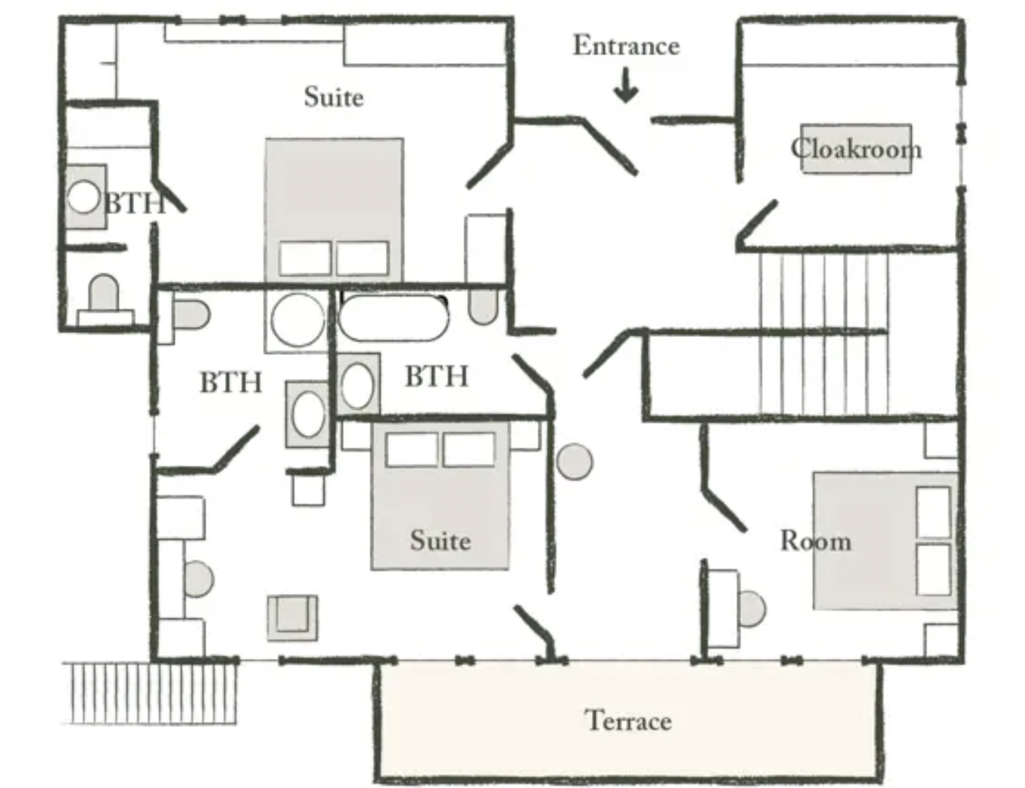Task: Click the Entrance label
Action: pyautogui.click(x=626, y=46)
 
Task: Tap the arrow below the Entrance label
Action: pyautogui.click(x=626, y=86)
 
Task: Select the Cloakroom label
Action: pyautogui.click(x=856, y=148)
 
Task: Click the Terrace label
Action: pyautogui.click(x=628, y=720)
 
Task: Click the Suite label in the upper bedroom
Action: pyautogui.click(x=334, y=97)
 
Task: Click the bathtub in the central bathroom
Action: pyautogui.click(x=393, y=317)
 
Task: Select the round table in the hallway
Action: pyautogui.click(x=574, y=462)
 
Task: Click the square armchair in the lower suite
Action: pyautogui.click(x=293, y=618)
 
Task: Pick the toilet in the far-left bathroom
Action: pyautogui.click(x=104, y=297)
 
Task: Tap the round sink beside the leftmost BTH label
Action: pyautogui.click(x=83, y=197)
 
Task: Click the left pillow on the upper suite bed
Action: pyautogui.click(x=305, y=258)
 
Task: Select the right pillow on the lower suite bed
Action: pyautogui.click(x=469, y=450)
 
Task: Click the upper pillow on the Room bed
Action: pyautogui.click(x=933, y=512)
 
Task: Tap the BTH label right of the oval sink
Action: pyautogui.click(x=436, y=376)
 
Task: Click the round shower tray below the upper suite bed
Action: pyautogui.click(x=298, y=320)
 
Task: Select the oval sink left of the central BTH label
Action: pyautogui.click(x=358, y=385)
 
